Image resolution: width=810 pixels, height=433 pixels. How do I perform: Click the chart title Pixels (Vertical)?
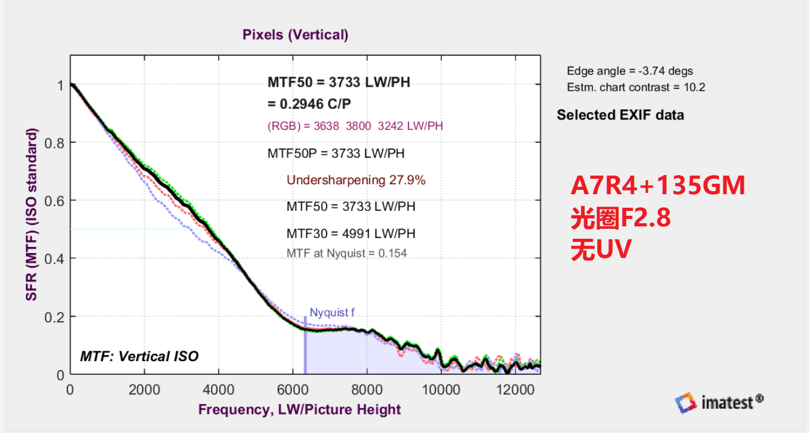coord(295,35)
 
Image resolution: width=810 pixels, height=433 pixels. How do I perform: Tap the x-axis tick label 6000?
coord(293,390)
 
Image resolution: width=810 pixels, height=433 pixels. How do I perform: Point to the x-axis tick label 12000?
coord(515,390)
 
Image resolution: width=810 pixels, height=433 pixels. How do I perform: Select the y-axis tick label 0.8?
coord(56,143)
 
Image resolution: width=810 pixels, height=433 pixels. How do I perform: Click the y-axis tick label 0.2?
coord(56,317)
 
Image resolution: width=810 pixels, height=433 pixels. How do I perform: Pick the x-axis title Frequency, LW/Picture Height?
coord(299,409)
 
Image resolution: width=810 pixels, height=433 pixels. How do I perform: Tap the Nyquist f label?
coord(332,312)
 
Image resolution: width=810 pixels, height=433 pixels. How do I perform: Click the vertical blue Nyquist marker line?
coord(305,346)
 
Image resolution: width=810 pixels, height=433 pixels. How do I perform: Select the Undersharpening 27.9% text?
coord(356,180)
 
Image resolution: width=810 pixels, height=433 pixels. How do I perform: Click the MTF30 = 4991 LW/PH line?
coord(350,234)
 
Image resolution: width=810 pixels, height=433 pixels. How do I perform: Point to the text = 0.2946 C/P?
coord(310,103)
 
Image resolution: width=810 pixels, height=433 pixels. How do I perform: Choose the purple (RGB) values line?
coord(355,126)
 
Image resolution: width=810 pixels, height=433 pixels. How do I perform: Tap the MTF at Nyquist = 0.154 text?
coord(347,253)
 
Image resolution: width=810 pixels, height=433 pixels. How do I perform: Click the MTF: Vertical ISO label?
coord(139,356)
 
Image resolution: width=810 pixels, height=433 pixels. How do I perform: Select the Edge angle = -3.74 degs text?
coord(630,71)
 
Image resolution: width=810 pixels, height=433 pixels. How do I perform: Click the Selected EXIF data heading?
coord(620,115)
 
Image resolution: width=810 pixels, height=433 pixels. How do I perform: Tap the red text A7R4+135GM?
coord(658,186)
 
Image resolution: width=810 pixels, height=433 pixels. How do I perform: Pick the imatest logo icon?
coord(686,403)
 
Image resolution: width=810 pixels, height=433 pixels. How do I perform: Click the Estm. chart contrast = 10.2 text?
coord(636,87)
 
